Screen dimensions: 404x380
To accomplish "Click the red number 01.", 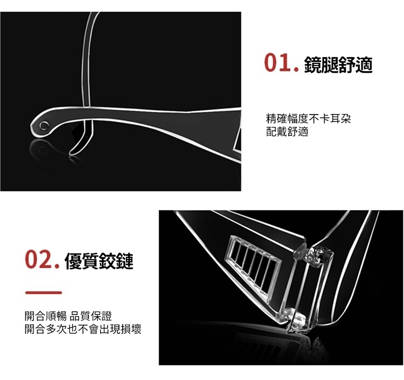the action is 281,63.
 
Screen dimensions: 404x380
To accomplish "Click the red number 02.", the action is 43,260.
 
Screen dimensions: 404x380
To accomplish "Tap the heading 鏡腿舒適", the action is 338,64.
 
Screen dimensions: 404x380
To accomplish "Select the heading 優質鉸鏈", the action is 100,261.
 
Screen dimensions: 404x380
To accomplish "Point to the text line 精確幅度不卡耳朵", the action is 309,119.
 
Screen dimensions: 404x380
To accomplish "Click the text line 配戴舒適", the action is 287,132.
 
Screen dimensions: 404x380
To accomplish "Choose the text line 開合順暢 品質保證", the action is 68,316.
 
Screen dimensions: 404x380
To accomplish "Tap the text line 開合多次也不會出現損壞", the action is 83,329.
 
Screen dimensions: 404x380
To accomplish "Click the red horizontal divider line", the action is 44,292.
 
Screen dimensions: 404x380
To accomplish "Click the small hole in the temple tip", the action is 44,125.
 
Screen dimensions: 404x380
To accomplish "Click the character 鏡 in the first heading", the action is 313,64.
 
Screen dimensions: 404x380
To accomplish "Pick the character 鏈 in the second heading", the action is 125,261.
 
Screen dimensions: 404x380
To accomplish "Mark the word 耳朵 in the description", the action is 340,119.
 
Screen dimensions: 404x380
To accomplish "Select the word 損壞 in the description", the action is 131,329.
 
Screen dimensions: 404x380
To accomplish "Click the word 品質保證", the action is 91,316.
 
